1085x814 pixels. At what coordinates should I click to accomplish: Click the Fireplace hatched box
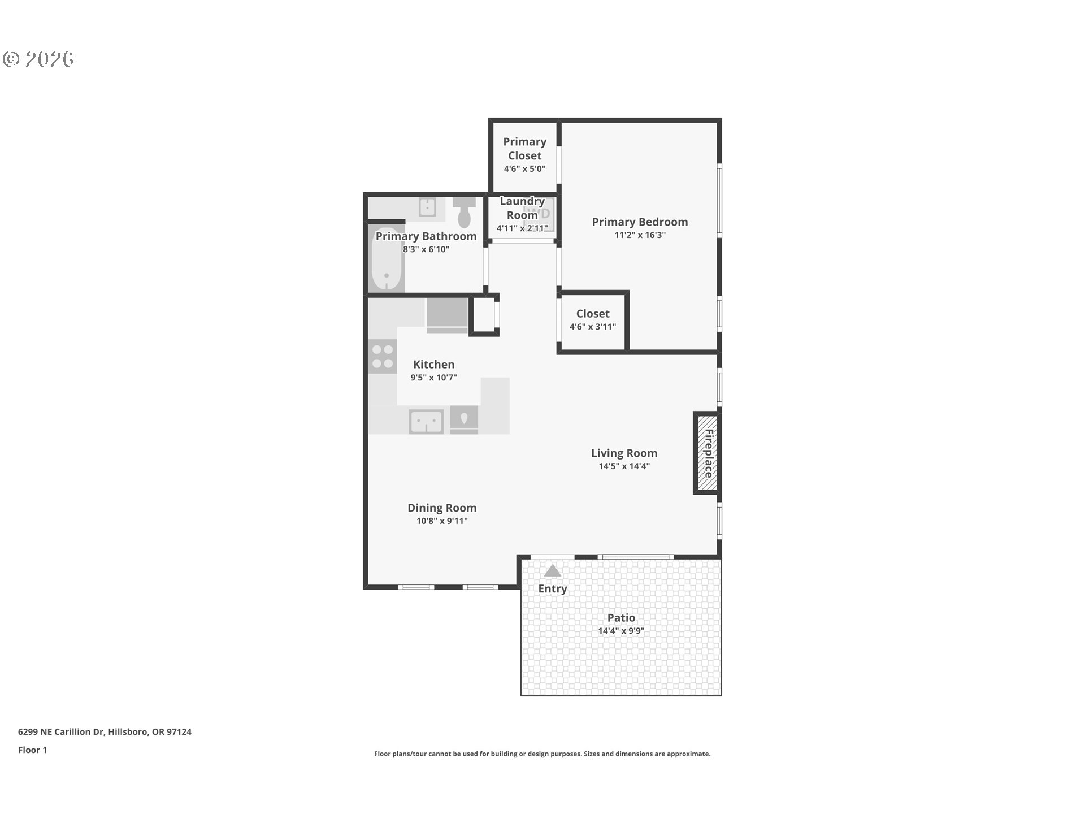707,453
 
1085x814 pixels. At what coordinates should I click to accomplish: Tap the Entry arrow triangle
552,571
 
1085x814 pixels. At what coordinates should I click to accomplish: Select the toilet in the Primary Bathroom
465,212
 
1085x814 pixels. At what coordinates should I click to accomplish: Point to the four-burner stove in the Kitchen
383,357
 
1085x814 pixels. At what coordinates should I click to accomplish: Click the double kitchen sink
426,422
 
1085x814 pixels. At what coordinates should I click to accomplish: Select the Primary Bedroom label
640,222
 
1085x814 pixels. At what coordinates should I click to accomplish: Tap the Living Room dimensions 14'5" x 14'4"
624,466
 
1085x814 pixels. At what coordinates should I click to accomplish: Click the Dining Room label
442,508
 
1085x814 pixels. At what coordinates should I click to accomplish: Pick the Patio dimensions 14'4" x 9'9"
621,631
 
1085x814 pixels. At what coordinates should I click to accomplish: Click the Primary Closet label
524,149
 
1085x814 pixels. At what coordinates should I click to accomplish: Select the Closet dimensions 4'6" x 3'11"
592,327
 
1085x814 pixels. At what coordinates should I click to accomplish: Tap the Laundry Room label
522,208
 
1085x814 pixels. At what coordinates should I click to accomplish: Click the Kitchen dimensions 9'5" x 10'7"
433,378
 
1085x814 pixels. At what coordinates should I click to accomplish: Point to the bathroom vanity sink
427,207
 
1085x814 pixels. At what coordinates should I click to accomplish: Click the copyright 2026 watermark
38,59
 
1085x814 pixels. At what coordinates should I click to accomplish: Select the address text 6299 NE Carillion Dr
105,731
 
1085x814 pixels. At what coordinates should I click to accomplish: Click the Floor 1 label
32,750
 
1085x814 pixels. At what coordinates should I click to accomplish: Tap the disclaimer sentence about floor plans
542,754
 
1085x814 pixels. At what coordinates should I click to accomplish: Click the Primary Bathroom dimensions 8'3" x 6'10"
426,249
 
